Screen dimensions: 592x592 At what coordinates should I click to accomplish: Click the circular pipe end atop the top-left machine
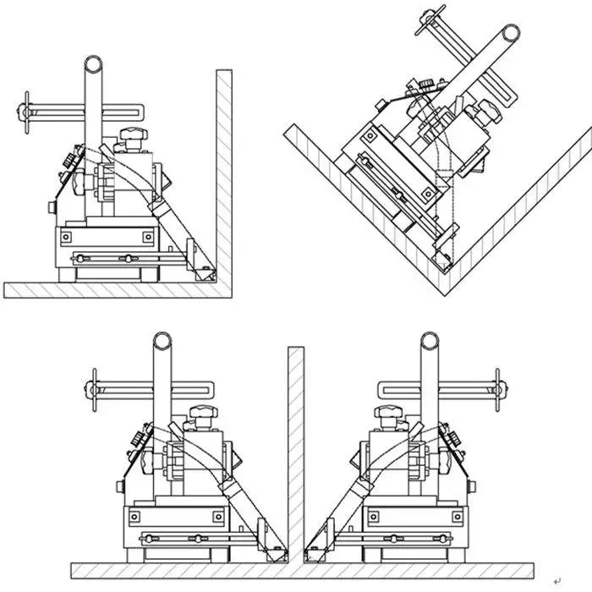tap(93, 65)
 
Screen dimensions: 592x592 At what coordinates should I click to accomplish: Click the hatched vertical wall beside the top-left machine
tap(223, 169)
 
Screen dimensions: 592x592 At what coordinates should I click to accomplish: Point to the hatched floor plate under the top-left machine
tap(110, 289)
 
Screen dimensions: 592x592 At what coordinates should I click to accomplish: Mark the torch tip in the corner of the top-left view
tap(203, 272)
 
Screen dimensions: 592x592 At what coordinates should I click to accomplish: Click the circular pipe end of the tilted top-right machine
tap(511, 35)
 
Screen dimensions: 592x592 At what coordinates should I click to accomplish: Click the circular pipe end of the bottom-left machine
tap(162, 342)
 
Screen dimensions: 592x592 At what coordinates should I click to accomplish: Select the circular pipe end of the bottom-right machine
tap(430, 342)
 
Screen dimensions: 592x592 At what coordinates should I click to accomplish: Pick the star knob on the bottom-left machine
tap(201, 413)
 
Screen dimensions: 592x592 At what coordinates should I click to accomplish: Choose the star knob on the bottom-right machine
tap(390, 413)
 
